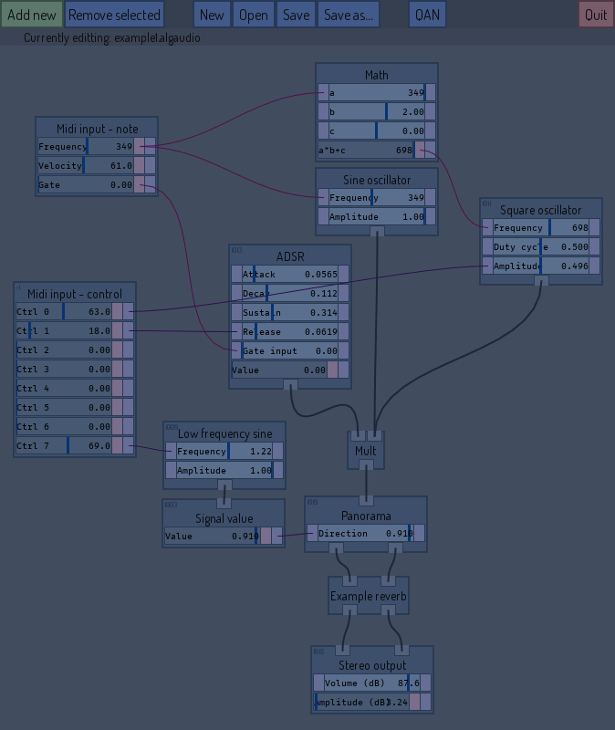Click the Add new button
click(x=31, y=15)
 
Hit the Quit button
click(x=596, y=15)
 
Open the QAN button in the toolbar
click(x=426, y=15)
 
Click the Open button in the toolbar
click(x=254, y=15)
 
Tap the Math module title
click(x=376, y=75)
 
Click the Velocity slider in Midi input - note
click(x=86, y=165)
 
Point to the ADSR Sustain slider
click(x=289, y=312)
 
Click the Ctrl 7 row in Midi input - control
click(x=64, y=445)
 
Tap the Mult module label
click(x=365, y=451)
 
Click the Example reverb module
click(x=368, y=596)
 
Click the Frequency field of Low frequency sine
click(x=224, y=451)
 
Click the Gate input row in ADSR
click(x=289, y=350)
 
